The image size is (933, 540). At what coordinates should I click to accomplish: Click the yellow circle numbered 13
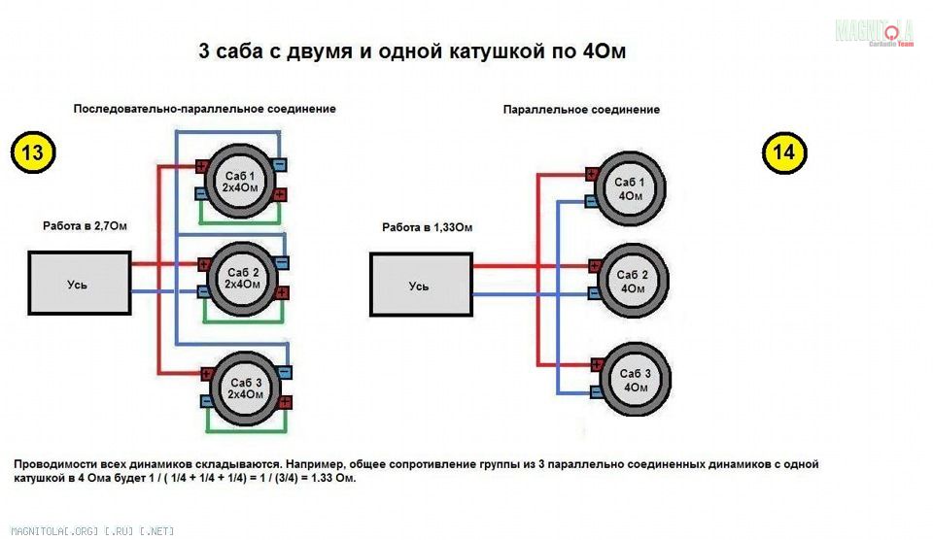tap(32, 152)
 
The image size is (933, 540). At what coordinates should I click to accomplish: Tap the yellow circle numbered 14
tap(784, 152)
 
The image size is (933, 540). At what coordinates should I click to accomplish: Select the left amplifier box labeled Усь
tap(78, 283)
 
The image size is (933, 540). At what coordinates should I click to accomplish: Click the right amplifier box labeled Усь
tap(420, 285)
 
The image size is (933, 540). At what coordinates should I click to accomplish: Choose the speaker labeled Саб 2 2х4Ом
tap(242, 277)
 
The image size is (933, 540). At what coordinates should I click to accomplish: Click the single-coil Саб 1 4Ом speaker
tap(632, 188)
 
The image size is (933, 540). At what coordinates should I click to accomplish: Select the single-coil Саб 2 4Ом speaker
tap(632, 281)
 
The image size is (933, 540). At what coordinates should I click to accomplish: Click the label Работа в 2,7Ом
tap(85, 225)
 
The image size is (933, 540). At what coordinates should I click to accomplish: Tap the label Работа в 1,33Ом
tap(427, 227)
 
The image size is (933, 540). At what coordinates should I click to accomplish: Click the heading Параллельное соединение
tap(581, 110)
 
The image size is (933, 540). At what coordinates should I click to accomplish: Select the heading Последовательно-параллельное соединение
tap(204, 109)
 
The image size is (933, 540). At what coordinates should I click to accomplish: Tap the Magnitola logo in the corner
tap(874, 31)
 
